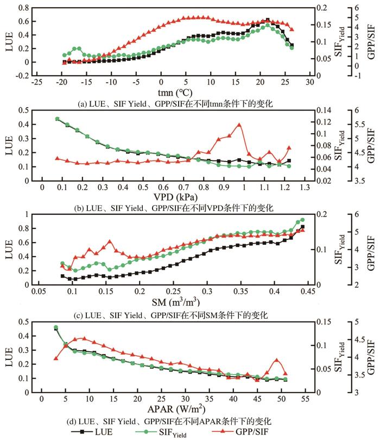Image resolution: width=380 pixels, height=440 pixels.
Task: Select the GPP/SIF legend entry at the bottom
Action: point(274,432)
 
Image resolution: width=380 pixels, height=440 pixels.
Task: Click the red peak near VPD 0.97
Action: point(239,125)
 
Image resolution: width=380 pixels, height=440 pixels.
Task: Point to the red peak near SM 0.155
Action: point(110,241)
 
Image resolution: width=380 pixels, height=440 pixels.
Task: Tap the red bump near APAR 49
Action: point(276,360)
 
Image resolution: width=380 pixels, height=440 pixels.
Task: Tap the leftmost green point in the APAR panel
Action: point(56,327)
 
